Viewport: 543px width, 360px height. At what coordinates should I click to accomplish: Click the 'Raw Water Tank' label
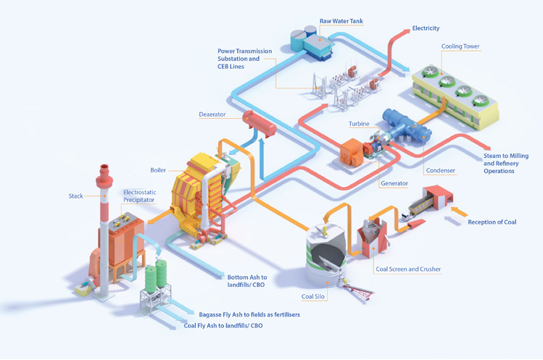pyautogui.click(x=341, y=22)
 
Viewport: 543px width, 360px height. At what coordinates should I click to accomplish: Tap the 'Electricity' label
pyautogui.click(x=426, y=28)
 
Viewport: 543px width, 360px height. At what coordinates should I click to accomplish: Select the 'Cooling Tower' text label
pyautogui.click(x=460, y=46)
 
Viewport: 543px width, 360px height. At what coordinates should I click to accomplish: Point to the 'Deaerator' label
pyautogui.click(x=212, y=114)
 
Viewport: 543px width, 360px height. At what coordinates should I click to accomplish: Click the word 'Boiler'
pyautogui.click(x=158, y=170)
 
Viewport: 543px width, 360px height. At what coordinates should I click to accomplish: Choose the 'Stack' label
pyautogui.click(x=76, y=196)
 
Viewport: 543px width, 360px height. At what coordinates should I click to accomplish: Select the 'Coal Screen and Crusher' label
pyautogui.click(x=407, y=269)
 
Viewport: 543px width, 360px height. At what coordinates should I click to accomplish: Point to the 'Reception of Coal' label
pyautogui.click(x=492, y=222)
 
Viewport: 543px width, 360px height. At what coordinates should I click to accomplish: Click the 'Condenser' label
pyautogui.click(x=441, y=170)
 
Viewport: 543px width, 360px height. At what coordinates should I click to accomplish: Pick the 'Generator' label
pyautogui.click(x=394, y=183)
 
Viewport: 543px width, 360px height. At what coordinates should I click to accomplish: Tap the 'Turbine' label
pyautogui.click(x=358, y=124)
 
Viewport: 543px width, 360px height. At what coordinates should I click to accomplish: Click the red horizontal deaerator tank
pyautogui.click(x=259, y=122)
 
